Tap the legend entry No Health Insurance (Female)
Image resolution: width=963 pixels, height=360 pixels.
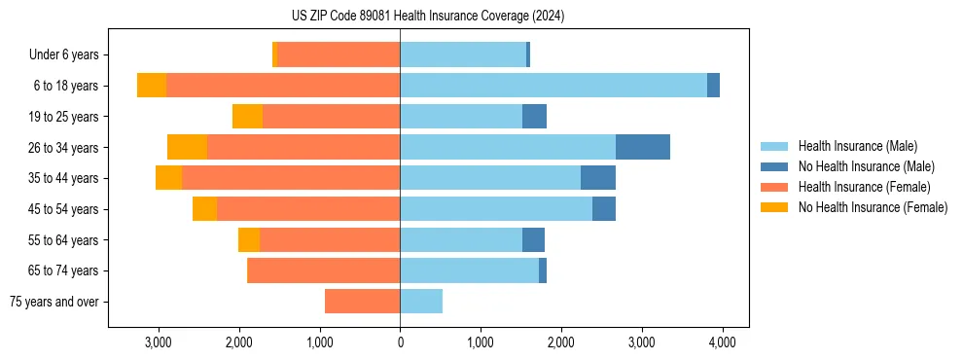click(x=873, y=207)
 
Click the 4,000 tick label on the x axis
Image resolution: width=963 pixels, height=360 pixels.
click(x=721, y=342)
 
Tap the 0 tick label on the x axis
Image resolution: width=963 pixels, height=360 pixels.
click(x=400, y=342)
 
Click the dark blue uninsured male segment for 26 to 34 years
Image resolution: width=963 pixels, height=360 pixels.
click(x=643, y=148)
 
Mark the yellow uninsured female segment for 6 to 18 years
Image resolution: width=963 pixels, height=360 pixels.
click(x=152, y=86)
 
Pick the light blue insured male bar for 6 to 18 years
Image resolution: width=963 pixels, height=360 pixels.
click(x=553, y=86)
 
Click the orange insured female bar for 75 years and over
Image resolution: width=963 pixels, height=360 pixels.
click(x=362, y=302)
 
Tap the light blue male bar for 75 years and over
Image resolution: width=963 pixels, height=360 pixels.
click(x=421, y=302)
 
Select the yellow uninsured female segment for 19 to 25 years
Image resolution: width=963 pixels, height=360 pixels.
click(x=247, y=117)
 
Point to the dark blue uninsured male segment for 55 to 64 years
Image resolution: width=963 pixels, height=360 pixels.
click(x=533, y=240)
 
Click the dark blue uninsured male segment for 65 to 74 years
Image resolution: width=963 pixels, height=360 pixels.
click(x=543, y=270)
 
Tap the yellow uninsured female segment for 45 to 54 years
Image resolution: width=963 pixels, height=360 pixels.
click(x=204, y=209)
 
